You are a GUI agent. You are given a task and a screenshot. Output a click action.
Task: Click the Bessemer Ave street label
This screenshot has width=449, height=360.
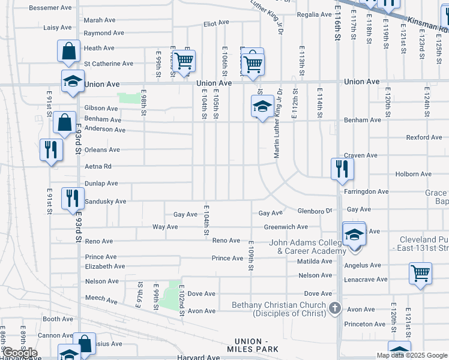click(x=50, y=8)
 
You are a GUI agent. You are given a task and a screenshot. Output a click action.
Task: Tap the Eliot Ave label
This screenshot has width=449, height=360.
click(x=217, y=23)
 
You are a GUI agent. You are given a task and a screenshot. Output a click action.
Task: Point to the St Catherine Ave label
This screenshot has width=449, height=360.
click(x=109, y=64)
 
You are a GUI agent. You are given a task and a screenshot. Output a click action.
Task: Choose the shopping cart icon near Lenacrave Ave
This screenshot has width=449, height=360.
click(x=420, y=273)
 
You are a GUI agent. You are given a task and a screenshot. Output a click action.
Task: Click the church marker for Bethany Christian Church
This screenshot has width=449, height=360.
click(x=335, y=308)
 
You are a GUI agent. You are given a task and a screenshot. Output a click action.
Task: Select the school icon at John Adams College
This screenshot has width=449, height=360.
click(x=354, y=234)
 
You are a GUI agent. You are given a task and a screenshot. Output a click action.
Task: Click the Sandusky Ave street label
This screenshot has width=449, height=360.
click(x=105, y=202)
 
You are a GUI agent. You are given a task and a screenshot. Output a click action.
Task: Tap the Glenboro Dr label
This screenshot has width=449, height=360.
click(x=315, y=211)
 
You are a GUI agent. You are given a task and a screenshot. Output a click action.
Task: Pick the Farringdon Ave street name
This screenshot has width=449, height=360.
click(x=367, y=192)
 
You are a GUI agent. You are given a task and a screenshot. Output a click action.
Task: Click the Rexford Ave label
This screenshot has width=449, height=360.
click(x=424, y=137)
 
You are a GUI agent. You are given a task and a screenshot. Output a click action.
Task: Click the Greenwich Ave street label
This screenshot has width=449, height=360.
click(x=286, y=227)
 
